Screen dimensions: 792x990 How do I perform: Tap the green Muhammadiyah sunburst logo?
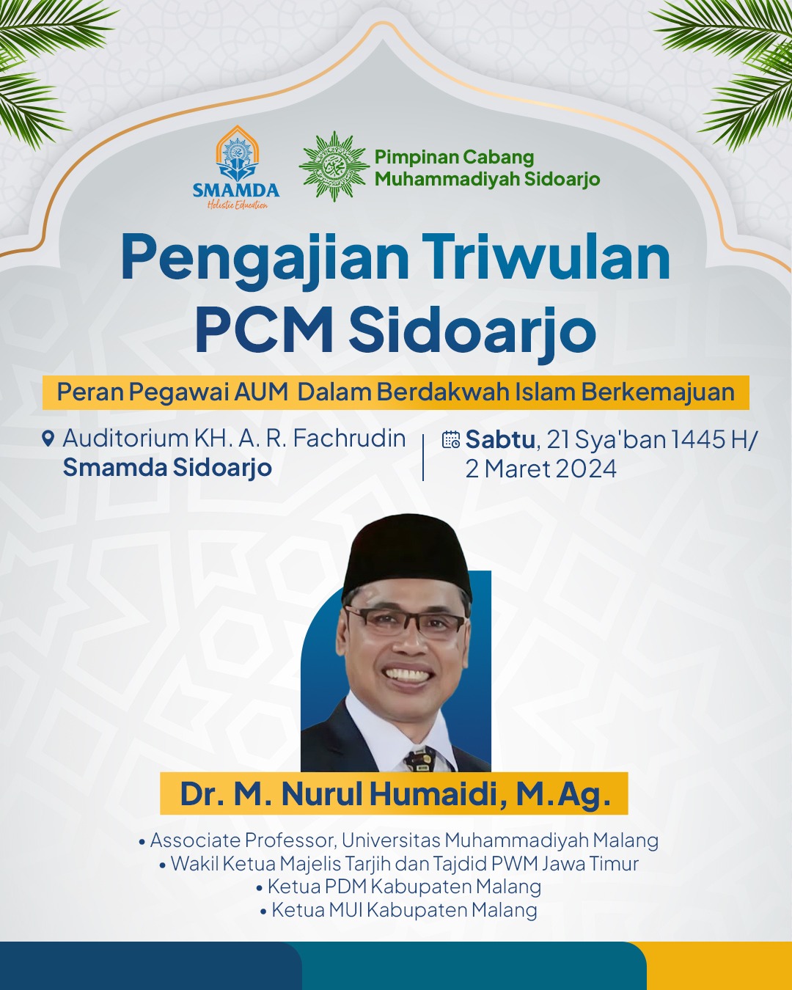point(334,166)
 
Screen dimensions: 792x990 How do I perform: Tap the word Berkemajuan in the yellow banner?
point(658,393)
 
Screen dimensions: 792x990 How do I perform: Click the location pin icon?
point(48,439)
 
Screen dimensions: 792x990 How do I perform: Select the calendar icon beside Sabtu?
point(450,439)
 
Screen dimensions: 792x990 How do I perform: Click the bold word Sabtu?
point(500,439)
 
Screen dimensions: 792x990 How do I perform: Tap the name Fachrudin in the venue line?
point(349,438)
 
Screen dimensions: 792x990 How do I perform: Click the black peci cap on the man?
point(406,554)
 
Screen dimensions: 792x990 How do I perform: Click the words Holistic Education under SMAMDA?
point(237,205)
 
